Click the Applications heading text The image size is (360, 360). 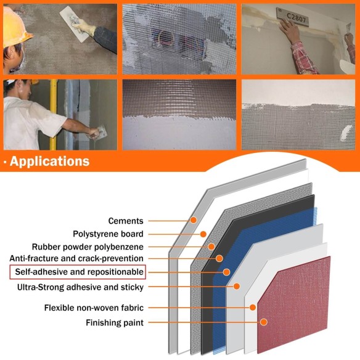click(x=49, y=162)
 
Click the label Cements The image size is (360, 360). click(x=126, y=221)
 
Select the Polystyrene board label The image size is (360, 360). click(x=108, y=234)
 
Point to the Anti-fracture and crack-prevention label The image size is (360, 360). click(x=76, y=258)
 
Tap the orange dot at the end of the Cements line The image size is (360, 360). click(x=193, y=220)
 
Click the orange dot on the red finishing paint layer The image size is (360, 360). click(x=263, y=322)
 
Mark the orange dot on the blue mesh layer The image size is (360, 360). click(x=226, y=272)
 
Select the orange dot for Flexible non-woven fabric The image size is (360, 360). click(x=252, y=307)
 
